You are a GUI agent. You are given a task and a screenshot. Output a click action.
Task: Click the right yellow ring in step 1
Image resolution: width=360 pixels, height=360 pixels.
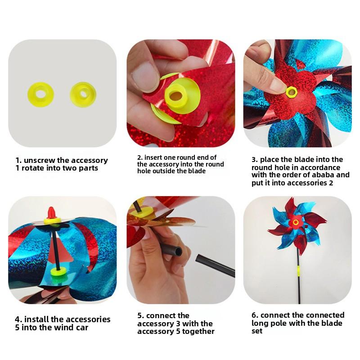coord(83,94)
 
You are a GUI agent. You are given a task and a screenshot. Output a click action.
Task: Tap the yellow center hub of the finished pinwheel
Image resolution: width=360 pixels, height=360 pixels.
coord(296,222)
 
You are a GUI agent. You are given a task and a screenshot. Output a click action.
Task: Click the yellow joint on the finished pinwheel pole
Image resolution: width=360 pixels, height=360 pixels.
coord(297,271)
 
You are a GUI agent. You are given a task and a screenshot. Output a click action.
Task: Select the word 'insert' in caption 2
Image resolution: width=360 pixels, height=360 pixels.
coord(155,157)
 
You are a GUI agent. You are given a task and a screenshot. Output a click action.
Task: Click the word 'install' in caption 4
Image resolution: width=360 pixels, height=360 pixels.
coord(36,319)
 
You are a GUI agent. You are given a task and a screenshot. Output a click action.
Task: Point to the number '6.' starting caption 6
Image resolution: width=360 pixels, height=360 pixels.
coord(255,315)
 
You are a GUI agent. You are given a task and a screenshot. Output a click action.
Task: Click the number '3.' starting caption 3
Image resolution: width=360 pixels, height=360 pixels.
coord(254,159)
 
